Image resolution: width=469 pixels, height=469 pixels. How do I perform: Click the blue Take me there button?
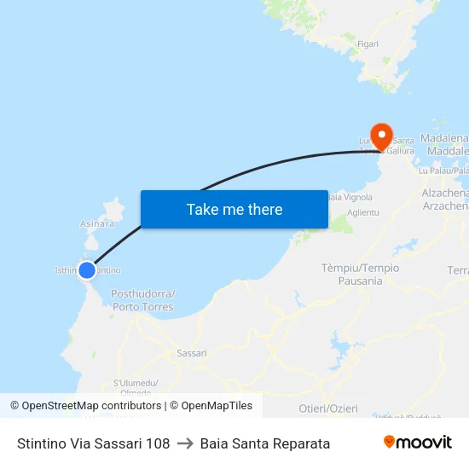coord(234,209)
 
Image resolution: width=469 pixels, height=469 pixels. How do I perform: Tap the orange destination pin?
coord(380,135)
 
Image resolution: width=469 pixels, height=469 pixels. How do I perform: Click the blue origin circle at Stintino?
coord(86,270)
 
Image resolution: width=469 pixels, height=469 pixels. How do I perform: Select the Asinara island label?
coord(96,223)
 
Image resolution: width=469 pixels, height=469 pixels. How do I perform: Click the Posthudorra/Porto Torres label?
coord(142,300)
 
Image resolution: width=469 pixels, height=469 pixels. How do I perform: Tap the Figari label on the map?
coord(368,44)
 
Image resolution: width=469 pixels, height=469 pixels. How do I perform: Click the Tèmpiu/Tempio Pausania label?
coord(360,274)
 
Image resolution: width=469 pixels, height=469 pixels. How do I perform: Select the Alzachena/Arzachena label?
coord(445,200)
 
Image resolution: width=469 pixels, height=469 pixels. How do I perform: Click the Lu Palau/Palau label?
coord(443,171)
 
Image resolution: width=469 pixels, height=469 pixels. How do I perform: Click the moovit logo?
coord(418,443)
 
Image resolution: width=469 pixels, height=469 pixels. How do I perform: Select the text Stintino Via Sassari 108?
coord(93,443)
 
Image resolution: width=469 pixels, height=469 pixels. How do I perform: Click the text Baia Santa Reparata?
coord(265,443)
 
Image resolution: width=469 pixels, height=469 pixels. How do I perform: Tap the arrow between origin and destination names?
coord(185,443)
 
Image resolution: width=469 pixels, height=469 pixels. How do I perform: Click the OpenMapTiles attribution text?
coord(214,406)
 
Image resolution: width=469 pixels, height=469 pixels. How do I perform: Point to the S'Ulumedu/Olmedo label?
coord(136,388)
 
